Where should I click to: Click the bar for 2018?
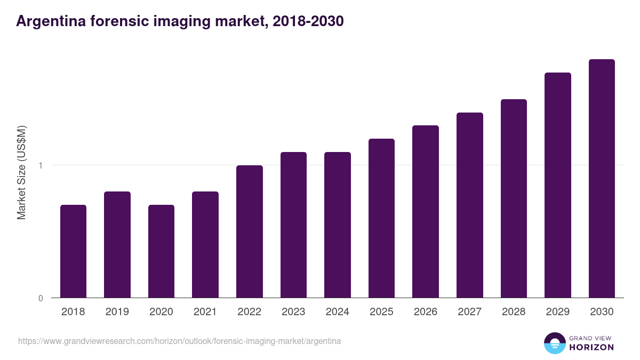(73, 251)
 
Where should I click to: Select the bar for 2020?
(161, 251)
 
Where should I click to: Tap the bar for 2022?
(250, 231)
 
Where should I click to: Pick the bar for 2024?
(338, 225)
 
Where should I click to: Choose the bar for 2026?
(426, 211)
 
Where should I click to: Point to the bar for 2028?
(514, 198)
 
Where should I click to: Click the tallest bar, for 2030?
(602, 178)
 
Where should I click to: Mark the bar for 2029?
(558, 185)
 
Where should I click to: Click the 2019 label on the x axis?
(117, 312)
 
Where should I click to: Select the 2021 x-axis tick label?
(205, 312)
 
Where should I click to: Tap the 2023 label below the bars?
(293, 312)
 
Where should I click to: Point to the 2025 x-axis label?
(381, 312)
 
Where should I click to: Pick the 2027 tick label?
(470, 312)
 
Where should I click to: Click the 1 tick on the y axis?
(41, 165)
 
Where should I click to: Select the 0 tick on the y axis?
(41, 298)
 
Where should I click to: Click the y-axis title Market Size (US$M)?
(21, 172)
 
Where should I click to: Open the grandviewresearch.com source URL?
(179, 341)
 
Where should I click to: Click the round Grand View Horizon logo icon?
(555, 343)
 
